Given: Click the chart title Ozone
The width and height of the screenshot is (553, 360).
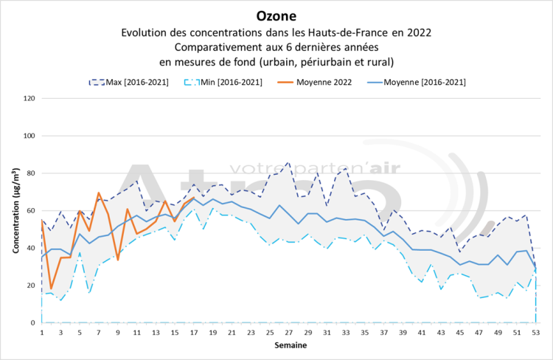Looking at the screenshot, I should [277, 15].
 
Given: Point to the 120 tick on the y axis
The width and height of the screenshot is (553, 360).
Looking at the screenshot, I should [30, 98].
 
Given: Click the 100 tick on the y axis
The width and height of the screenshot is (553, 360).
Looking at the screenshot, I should [30, 136].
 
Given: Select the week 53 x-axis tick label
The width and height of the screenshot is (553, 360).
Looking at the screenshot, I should [536, 333].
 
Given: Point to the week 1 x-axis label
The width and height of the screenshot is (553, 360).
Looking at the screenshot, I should [42, 333].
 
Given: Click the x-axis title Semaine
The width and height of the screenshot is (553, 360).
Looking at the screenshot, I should [288, 345].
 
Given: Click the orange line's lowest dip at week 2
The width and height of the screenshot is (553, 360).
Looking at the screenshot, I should [52, 288].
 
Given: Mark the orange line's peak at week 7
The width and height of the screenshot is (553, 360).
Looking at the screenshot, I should [99, 193].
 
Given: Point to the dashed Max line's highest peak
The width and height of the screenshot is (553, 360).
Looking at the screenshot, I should [288, 162].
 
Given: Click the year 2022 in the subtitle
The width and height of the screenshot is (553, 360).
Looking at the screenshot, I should [420, 32].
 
